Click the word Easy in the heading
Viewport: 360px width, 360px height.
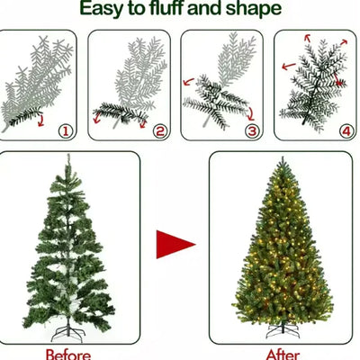click(104, 11)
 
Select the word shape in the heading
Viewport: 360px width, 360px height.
click(255, 12)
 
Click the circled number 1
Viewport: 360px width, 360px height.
click(65, 131)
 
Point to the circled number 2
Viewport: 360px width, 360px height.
click(159, 131)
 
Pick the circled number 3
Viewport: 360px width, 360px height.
click(253, 131)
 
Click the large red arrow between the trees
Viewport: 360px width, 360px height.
click(175, 243)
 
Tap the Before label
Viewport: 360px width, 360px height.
click(68, 353)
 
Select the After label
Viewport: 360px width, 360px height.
click(283, 353)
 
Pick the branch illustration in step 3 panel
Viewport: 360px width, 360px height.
click(220, 85)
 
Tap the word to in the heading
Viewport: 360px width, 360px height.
click(138, 11)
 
